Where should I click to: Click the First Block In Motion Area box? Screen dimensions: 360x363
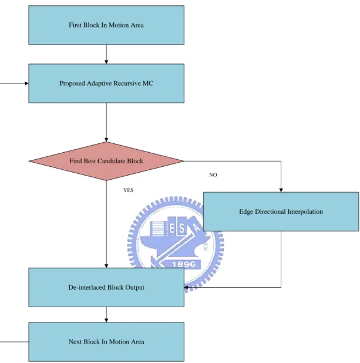[x=106, y=25]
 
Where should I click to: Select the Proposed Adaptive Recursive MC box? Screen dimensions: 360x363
[x=106, y=83]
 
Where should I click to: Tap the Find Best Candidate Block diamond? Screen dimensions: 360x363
[x=106, y=161]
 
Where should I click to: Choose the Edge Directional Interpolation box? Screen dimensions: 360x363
[x=281, y=211]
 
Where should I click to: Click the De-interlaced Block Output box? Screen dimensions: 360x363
[x=106, y=287]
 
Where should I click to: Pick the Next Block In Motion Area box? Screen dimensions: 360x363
[x=106, y=342]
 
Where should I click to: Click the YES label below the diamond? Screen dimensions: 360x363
[x=128, y=190]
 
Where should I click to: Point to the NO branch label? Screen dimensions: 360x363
[x=213, y=175]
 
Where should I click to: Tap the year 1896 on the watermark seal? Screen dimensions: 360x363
[x=184, y=264]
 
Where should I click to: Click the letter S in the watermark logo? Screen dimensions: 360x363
[x=182, y=228]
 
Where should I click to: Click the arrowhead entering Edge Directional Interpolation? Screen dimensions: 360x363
[x=281, y=190]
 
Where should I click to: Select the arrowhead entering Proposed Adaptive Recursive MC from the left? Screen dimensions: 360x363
[x=26, y=83]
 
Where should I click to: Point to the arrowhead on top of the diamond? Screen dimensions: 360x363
[x=106, y=140]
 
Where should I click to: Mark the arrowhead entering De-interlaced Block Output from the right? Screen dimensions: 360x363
[x=186, y=287]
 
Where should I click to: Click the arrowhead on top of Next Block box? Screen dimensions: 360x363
[x=106, y=320]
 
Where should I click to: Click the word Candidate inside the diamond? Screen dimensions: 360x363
[x=112, y=161]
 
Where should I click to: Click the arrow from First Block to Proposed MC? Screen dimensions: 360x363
[x=106, y=54]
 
